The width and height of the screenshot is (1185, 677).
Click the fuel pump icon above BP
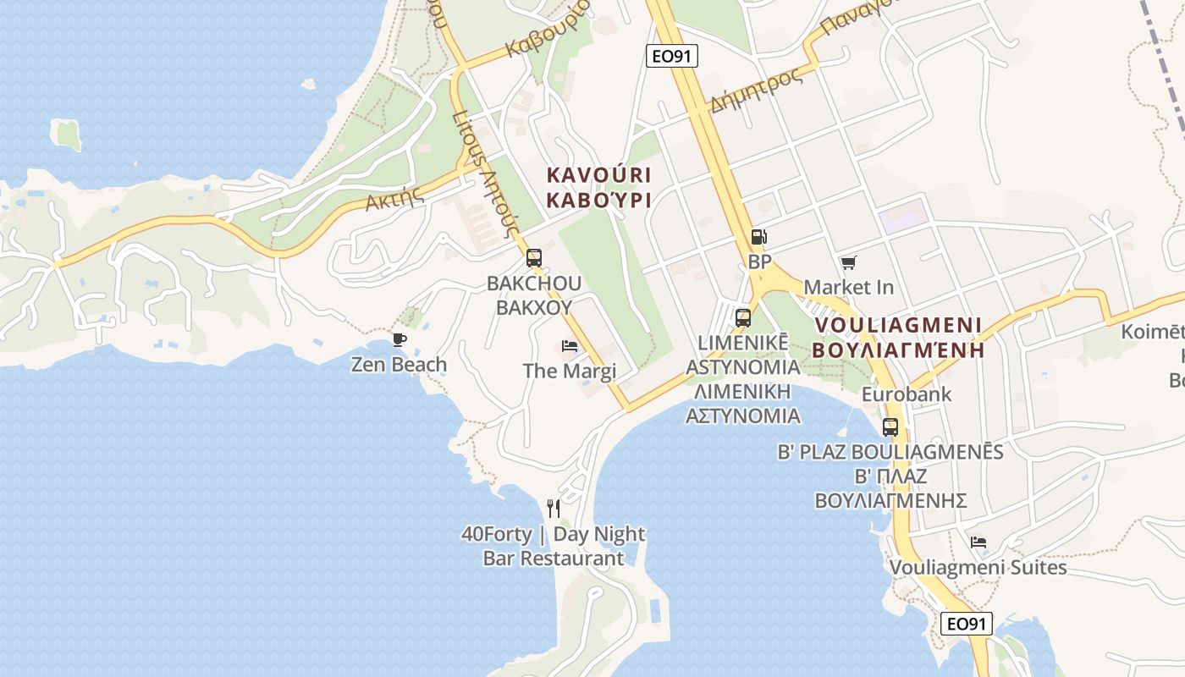click(759, 238)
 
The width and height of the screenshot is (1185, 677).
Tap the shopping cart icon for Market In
click(848, 263)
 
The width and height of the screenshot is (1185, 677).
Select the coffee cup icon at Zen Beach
click(399, 340)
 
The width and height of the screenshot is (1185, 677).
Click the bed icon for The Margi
click(570, 346)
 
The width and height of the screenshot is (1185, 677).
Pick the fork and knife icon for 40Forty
click(554, 508)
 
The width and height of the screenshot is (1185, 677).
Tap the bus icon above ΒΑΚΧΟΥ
click(533, 258)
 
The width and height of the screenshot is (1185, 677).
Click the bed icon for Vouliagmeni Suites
click(978, 542)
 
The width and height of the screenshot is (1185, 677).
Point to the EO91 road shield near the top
click(671, 56)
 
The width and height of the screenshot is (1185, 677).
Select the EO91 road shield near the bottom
click(966, 624)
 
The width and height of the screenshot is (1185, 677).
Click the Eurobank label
click(906, 394)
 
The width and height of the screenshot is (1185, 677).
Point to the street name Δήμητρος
click(756, 91)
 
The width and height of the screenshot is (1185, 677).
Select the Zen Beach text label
click(399, 365)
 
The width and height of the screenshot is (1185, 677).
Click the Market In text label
click(848, 287)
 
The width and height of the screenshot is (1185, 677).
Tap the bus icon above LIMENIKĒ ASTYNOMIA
click(743, 318)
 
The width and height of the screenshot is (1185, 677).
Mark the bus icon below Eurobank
click(890, 427)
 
